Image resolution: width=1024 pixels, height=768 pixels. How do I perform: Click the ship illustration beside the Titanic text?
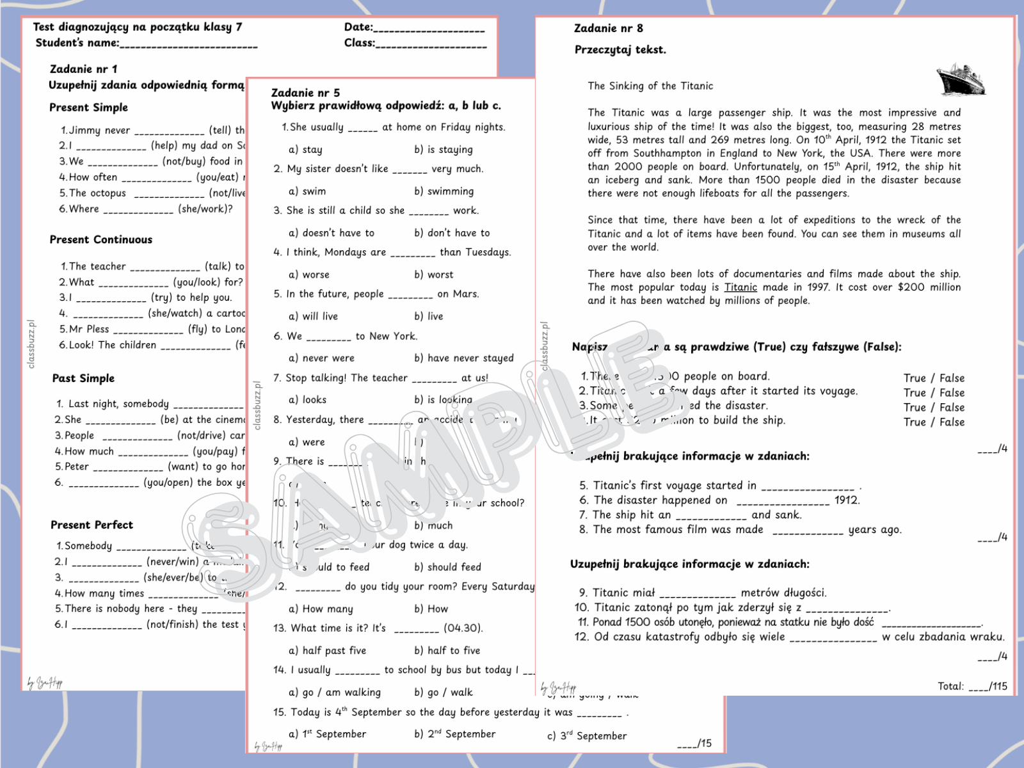(x=960, y=79)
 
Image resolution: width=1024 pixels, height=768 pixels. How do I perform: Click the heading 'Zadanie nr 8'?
(x=608, y=28)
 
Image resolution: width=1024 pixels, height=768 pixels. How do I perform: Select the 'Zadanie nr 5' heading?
(x=305, y=93)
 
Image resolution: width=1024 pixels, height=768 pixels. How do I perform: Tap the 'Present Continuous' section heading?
(x=101, y=239)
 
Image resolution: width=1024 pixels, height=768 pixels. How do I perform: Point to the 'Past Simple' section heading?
(x=83, y=378)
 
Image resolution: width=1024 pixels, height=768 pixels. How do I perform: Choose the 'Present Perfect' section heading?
(x=92, y=525)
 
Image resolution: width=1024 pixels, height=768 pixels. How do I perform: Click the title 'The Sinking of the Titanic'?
(x=650, y=86)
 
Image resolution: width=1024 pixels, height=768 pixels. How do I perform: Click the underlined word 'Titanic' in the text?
(x=740, y=287)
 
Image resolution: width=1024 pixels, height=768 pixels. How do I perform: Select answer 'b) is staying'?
(x=443, y=150)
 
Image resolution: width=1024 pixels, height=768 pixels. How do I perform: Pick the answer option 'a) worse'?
(x=308, y=275)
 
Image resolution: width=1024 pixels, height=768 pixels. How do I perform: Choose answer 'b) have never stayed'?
(x=463, y=358)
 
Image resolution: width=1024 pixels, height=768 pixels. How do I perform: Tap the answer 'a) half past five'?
(x=327, y=650)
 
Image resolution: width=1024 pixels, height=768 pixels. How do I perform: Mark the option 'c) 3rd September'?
(x=586, y=736)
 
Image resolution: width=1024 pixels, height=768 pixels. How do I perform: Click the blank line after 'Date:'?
(x=429, y=29)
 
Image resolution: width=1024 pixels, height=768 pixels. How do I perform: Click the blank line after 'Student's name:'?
(x=188, y=45)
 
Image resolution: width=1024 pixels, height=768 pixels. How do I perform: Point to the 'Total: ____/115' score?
(x=972, y=686)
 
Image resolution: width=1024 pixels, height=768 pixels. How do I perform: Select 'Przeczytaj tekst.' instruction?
(x=620, y=50)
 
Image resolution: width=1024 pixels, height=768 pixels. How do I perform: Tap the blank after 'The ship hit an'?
(x=711, y=516)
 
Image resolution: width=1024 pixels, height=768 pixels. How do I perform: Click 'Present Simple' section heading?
(x=88, y=108)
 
